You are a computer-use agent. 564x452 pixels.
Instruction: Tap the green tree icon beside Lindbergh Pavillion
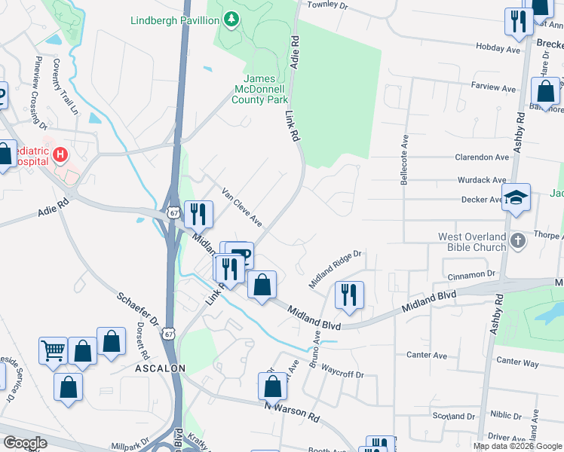(231, 20)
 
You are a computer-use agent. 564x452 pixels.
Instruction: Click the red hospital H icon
(60, 155)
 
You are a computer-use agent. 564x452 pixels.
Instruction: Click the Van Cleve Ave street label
(241, 207)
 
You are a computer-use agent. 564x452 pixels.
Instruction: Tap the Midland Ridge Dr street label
(336, 270)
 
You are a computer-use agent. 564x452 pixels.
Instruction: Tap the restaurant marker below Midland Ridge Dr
(349, 295)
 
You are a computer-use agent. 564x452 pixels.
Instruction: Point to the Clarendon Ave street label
(482, 157)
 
